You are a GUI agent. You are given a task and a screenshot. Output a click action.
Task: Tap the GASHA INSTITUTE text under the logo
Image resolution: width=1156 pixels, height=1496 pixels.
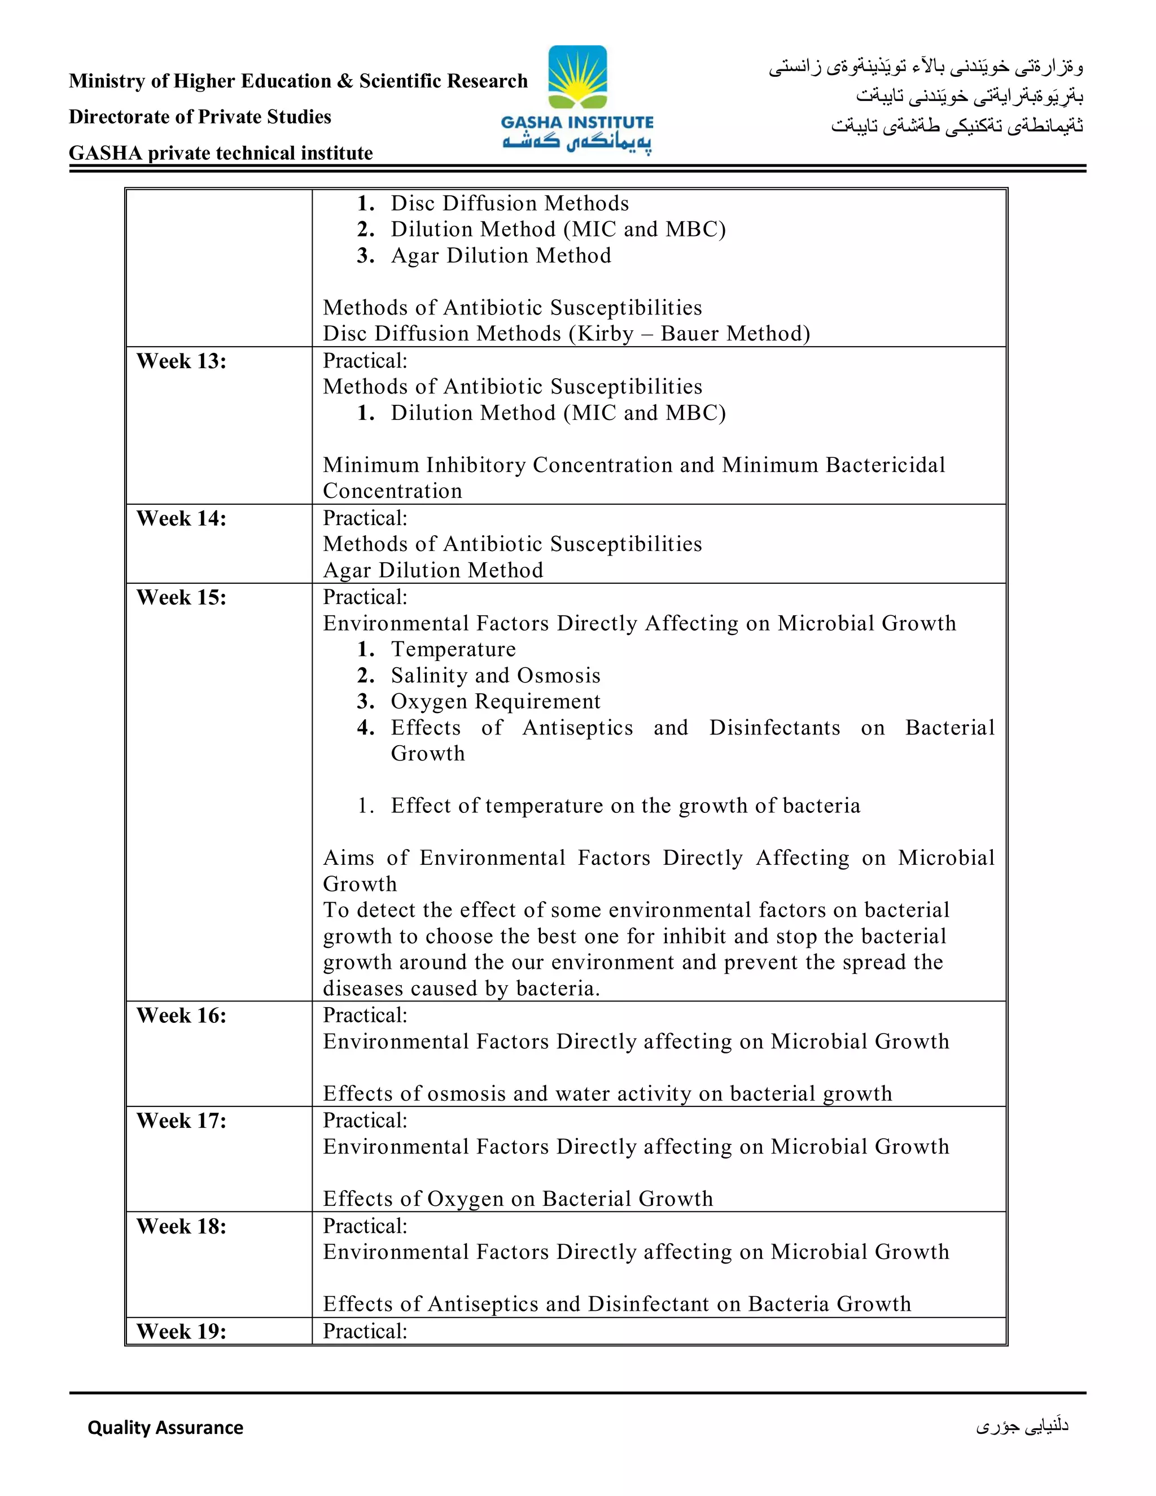[x=577, y=123]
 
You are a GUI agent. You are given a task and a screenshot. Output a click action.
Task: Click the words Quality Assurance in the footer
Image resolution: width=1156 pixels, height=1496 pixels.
[x=165, y=1428]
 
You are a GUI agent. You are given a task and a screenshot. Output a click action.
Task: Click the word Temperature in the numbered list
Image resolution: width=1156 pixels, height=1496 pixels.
[x=453, y=649]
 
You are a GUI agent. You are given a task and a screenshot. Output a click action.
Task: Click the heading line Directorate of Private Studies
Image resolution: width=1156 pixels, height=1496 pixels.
[x=199, y=117]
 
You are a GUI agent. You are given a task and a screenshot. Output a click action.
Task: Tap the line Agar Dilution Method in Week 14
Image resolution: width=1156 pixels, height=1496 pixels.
[x=433, y=570]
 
